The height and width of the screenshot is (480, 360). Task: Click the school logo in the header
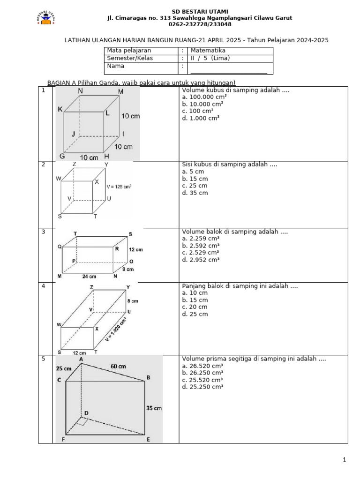[46, 18]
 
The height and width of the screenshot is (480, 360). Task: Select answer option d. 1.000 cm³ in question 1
[201, 119]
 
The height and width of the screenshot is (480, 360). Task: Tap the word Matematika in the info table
[208, 51]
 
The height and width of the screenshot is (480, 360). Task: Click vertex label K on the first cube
[60, 109]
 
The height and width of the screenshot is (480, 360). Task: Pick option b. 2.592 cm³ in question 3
[201, 246]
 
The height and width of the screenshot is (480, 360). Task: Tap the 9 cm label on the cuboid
[128, 269]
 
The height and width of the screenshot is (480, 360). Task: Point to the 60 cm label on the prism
[118, 366]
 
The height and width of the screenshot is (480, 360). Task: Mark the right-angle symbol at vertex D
[82, 422]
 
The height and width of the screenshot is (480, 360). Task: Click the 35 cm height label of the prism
[154, 408]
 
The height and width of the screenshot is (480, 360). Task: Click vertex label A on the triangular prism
[81, 359]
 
